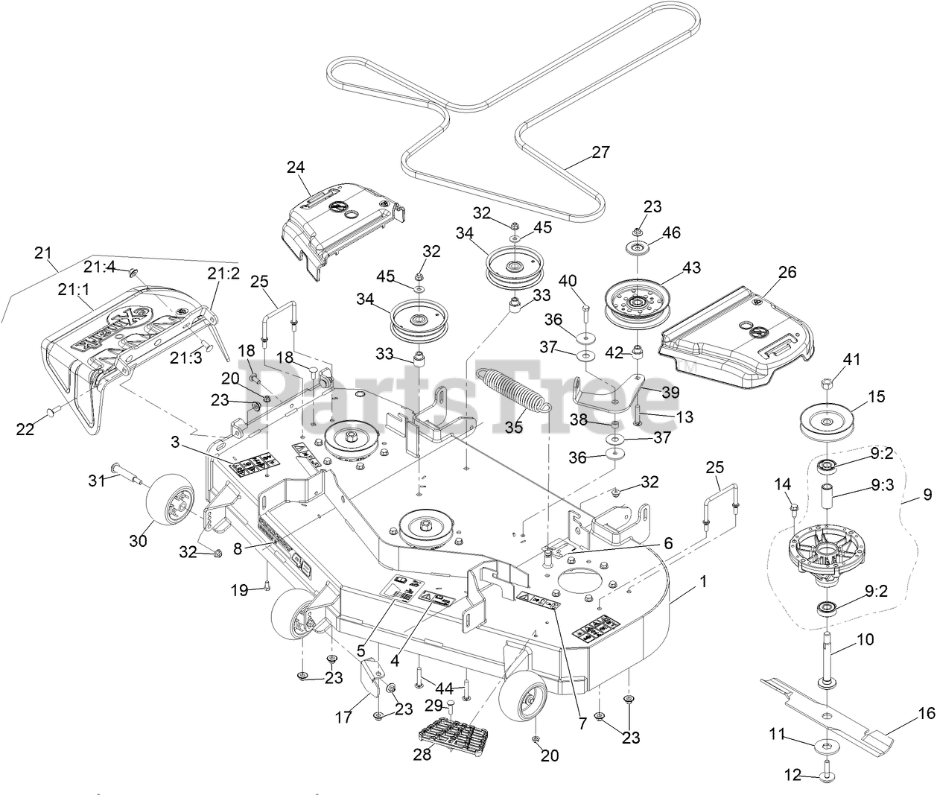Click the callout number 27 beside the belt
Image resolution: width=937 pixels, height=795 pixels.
(600, 152)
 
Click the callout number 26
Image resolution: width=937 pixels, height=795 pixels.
(787, 273)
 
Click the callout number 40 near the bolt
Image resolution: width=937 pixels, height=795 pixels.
(568, 280)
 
